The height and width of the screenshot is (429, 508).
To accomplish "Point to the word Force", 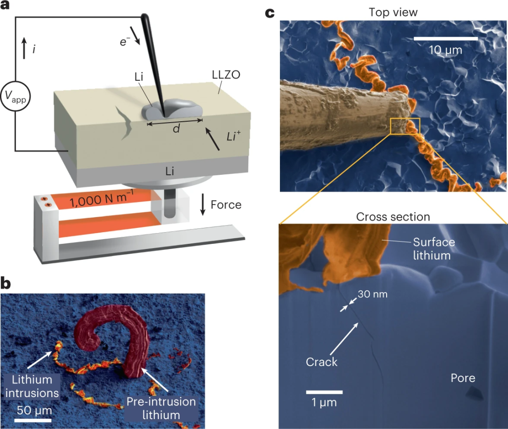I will click(x=226, y=205).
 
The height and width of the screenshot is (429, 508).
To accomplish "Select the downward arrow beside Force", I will click(x=203, y=205).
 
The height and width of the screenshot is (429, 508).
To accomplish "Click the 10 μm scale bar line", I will click(x=446, y=37).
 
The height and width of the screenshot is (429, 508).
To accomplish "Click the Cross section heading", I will click(x=393, y=217).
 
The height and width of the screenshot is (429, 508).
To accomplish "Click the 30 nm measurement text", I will click(x=372, y=294).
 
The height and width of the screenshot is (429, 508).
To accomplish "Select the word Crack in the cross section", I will click(x=322, y=362).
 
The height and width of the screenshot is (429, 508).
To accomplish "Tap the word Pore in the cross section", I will click(x=463, y=378).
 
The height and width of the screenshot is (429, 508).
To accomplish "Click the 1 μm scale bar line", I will click(x=324, y=391).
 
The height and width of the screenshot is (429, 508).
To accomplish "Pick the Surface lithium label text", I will click(x=434, y=249).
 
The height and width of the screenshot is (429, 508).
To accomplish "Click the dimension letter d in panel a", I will click(x=176, y=129).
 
